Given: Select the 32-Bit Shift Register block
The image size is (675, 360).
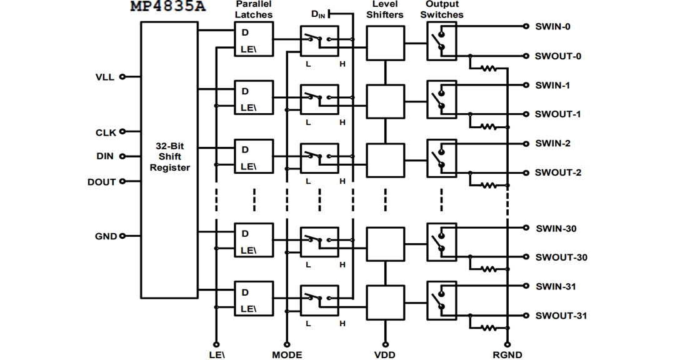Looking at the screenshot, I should (x=169, y=159).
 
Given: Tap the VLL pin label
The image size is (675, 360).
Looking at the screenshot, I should (x=104, y=77).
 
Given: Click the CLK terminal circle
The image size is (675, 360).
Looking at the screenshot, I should (x=122, y=132).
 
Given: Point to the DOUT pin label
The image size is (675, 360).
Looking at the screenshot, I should (x=101, y=182).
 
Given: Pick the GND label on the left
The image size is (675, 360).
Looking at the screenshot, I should (x=106, y=236).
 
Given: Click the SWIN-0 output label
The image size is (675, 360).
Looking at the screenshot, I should (x=552, y=27).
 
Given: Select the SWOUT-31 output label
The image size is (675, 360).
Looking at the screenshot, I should (x=561, y=316).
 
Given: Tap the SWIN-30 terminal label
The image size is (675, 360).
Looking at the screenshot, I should (x=556, y=229).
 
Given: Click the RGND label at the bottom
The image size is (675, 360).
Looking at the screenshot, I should (x=506, y=354).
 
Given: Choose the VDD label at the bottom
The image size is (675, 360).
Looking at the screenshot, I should (x=384, y=354).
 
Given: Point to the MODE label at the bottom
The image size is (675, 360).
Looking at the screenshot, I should (x=287, y=354).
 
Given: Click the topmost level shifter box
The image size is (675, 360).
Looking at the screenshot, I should (x=385, y=43).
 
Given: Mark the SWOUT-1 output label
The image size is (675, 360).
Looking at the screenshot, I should (x=557, y=114).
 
